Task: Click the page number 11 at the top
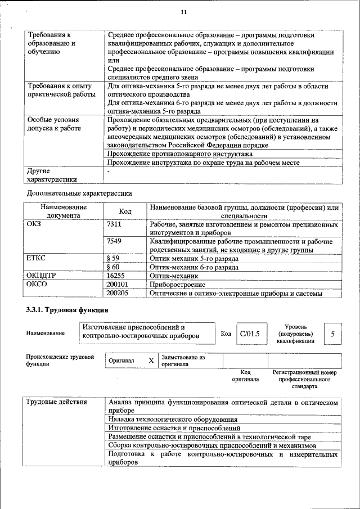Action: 184,12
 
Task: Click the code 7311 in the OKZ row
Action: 114,224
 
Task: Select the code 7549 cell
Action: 114,241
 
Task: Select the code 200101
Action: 117,285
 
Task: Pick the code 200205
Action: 117,293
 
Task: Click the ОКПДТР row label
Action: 42,276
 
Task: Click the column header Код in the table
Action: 125,211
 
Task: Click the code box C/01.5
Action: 249,334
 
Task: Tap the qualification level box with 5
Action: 332,334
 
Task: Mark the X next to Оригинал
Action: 151,361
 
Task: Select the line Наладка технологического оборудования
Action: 173,420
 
